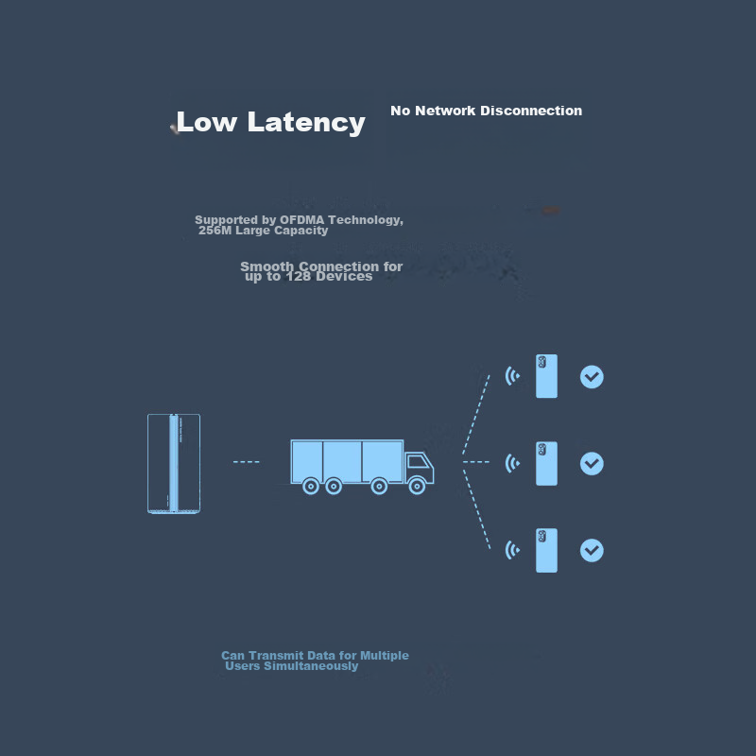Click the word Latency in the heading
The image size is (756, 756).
pyautogui.click(x=306, y=122)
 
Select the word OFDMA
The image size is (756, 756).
pyautogui.click(x=301, y=220)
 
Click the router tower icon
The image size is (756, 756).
pyautogui.click(x=174, y=463)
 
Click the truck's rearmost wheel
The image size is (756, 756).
pyautogui.click(x=310, y=487)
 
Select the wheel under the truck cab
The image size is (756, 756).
pyautogui.click(x=417, y=487)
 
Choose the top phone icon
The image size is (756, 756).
pyautogui.click(x=546, y=376)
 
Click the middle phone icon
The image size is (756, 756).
pyautogui.click(x=546, y=463)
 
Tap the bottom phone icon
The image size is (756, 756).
pyautogui.click(x=546, y=550)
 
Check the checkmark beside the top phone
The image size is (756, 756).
pyautogui.click(x=592, y=377)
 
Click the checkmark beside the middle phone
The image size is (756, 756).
pyautogui.click(x=592, y=464)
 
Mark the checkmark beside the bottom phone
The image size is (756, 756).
pyautogui.click(x=592, y=550)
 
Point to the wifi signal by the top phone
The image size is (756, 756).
pyautogui.click(x=512, y=376)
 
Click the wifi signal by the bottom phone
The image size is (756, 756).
pyautogui.click(x=512, y=550)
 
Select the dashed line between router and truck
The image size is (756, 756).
pyautogui.click(x=246, y=462)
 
